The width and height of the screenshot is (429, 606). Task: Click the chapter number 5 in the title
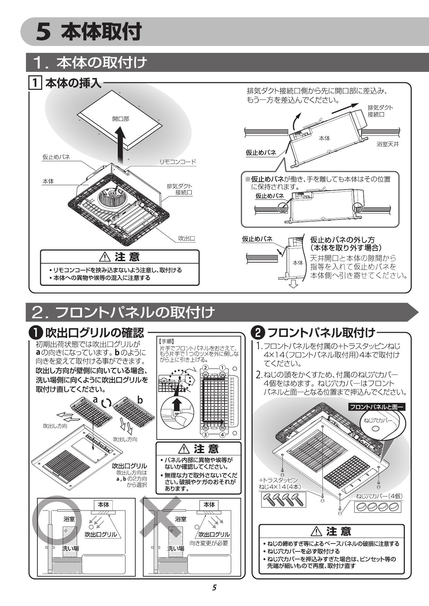coord(44,32)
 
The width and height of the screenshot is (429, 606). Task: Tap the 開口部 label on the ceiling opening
coord(121,119)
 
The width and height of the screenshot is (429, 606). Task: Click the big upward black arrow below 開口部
coord(119,145)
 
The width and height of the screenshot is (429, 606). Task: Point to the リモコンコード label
coord(177,162)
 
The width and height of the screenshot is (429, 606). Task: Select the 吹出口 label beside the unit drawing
coord(186,238)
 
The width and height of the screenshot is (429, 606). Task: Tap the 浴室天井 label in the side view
coord(387,144)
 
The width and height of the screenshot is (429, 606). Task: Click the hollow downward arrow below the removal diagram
coord(294,284)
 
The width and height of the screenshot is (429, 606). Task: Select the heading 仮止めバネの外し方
coord(342,239)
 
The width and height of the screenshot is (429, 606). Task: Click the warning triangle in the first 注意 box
coord(104,257)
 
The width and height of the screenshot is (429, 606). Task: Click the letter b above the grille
coord(140,400)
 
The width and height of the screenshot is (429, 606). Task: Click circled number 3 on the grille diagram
coord(205,434)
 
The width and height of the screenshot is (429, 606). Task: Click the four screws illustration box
coord(283,499)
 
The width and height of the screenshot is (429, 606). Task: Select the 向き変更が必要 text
coord(209,543)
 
